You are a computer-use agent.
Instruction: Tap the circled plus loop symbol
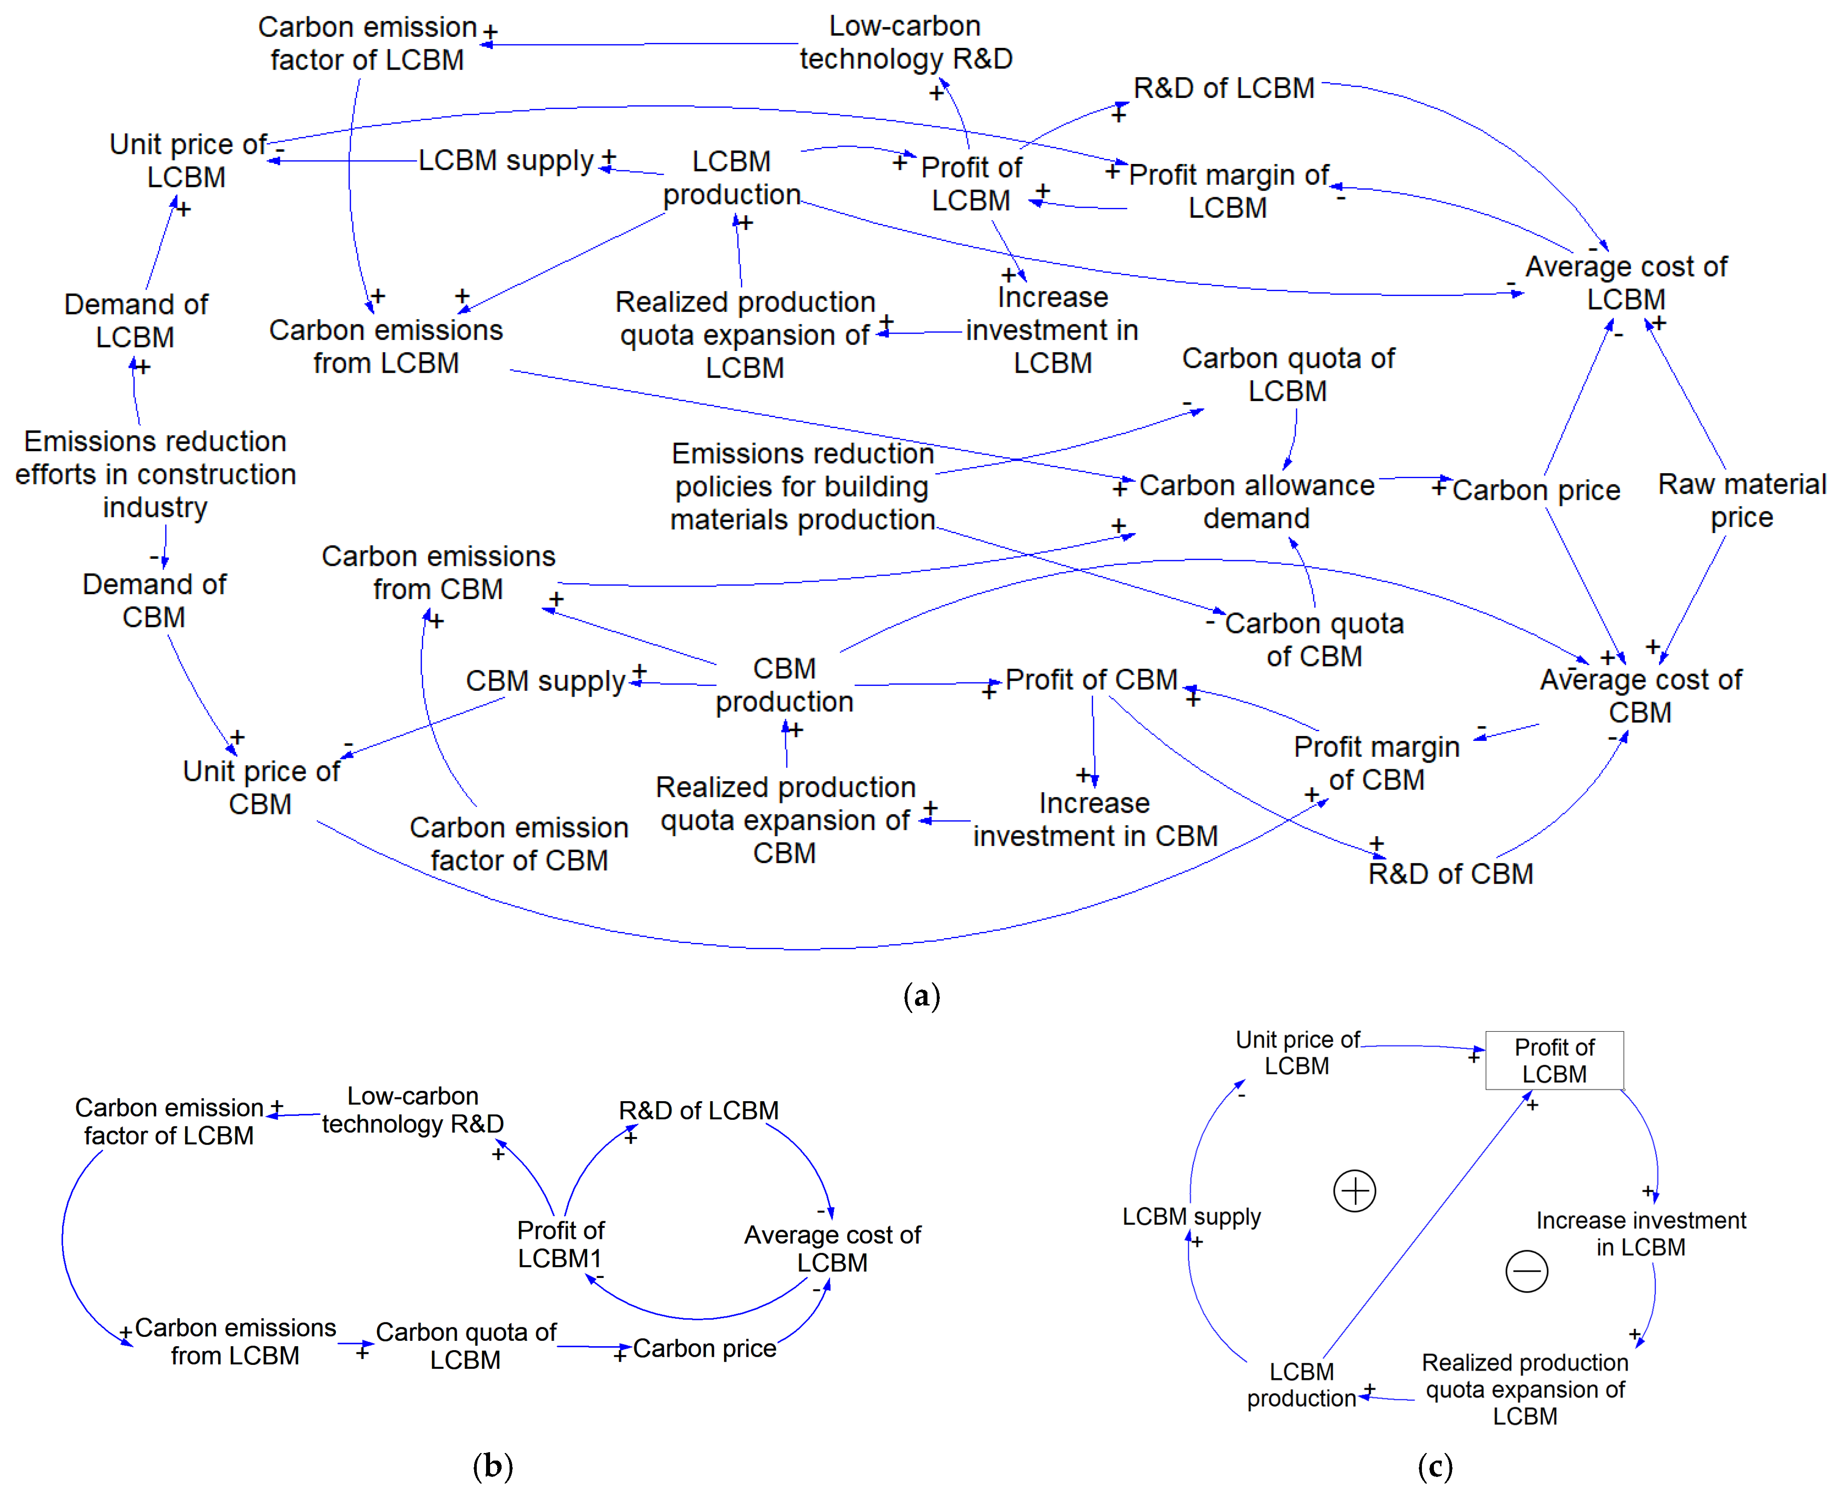click(x=1355, y=1191)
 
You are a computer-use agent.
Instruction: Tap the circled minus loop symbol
click(x=1527, y=1271)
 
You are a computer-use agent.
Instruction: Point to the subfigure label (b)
click(x=493, y=1465)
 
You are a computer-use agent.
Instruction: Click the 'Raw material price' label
click(x=1741, y=501)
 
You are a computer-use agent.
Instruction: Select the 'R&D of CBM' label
click(x=1451, y=874)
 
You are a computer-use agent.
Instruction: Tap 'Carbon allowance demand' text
click(x=1256, y=502)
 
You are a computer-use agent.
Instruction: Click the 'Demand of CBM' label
click(x=154, y=600)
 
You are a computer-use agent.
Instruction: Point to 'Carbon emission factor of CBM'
click(x=519, y=844)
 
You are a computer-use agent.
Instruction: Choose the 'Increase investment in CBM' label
click(x=1095, y=819)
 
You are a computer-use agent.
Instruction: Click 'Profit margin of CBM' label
click(x=1377, y=763)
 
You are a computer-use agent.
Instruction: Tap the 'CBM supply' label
click(x=545, y=681)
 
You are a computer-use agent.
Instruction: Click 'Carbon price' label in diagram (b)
click(x=705, y=1348)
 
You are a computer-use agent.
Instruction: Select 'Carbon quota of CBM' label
click(x=1314, y=639)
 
